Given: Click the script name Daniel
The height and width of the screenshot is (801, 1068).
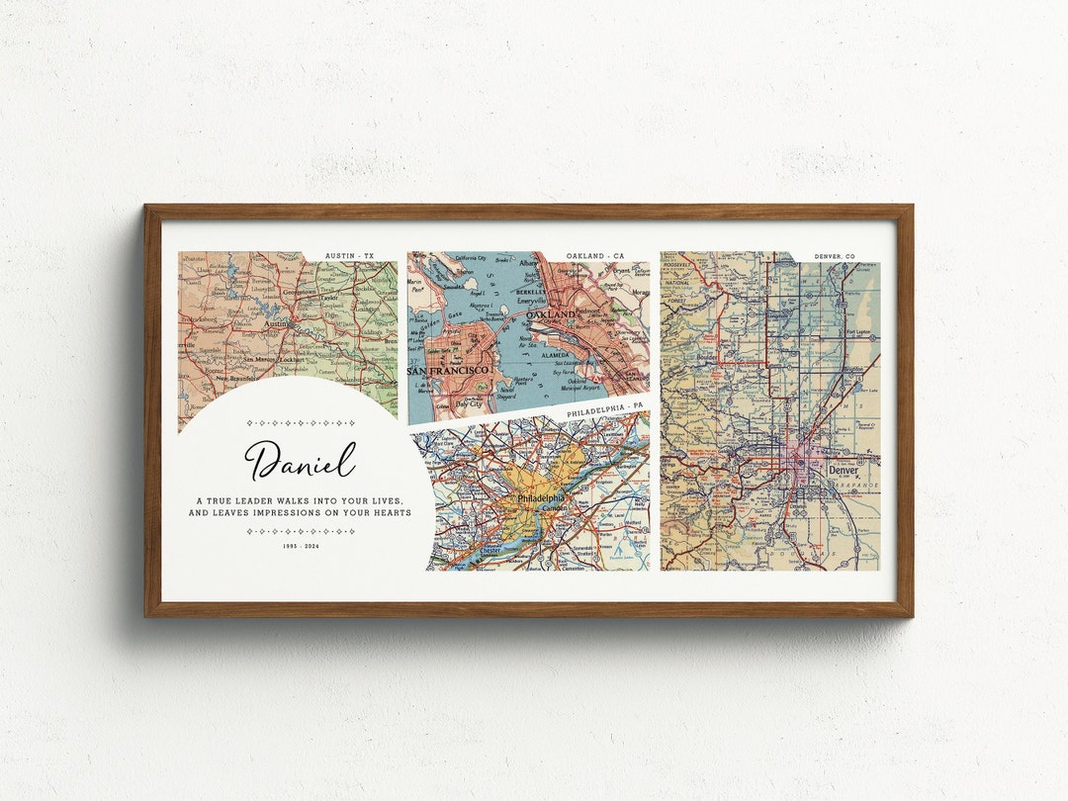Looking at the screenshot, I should click(300, 461).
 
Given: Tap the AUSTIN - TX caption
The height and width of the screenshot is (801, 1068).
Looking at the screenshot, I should click(357, 256).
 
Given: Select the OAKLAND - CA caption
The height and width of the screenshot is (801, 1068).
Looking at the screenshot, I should click(595, 256).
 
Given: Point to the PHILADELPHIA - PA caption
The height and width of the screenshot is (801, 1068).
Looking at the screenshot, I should click(604, 407).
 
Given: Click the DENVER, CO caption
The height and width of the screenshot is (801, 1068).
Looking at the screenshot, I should click(835, 256).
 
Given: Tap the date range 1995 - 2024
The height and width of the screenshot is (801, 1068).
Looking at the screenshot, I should click(301, 546).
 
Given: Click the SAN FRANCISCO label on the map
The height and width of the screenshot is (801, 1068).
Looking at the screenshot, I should click(448, 370).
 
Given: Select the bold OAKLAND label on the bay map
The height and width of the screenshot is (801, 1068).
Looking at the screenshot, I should click(551, 314).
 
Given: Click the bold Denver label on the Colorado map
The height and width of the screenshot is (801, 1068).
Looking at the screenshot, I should click(844, 470).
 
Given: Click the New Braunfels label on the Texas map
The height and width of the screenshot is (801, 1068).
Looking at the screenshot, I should click(235, 378).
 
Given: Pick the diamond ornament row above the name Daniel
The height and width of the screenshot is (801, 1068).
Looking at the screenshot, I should click(301, 422).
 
